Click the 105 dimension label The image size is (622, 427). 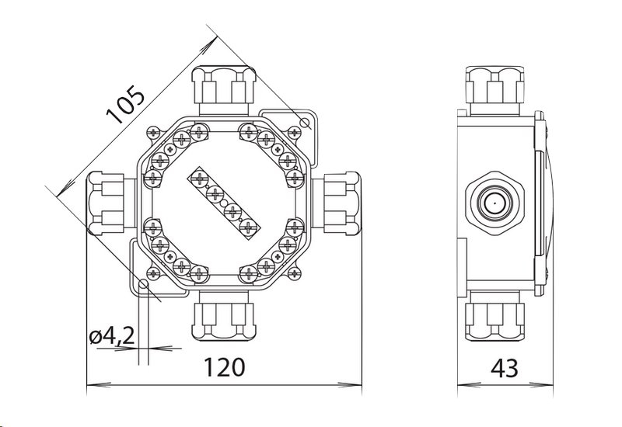coord(125,104)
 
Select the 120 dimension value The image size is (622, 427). coord(224,367)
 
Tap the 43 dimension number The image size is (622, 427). coord(504,368)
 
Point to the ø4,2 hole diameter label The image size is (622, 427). coord(112,337)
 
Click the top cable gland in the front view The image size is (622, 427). coord(224,91)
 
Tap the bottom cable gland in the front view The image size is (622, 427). coord(224,316)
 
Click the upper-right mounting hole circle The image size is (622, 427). coord(305,122)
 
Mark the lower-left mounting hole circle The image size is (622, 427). coord(143,284)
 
